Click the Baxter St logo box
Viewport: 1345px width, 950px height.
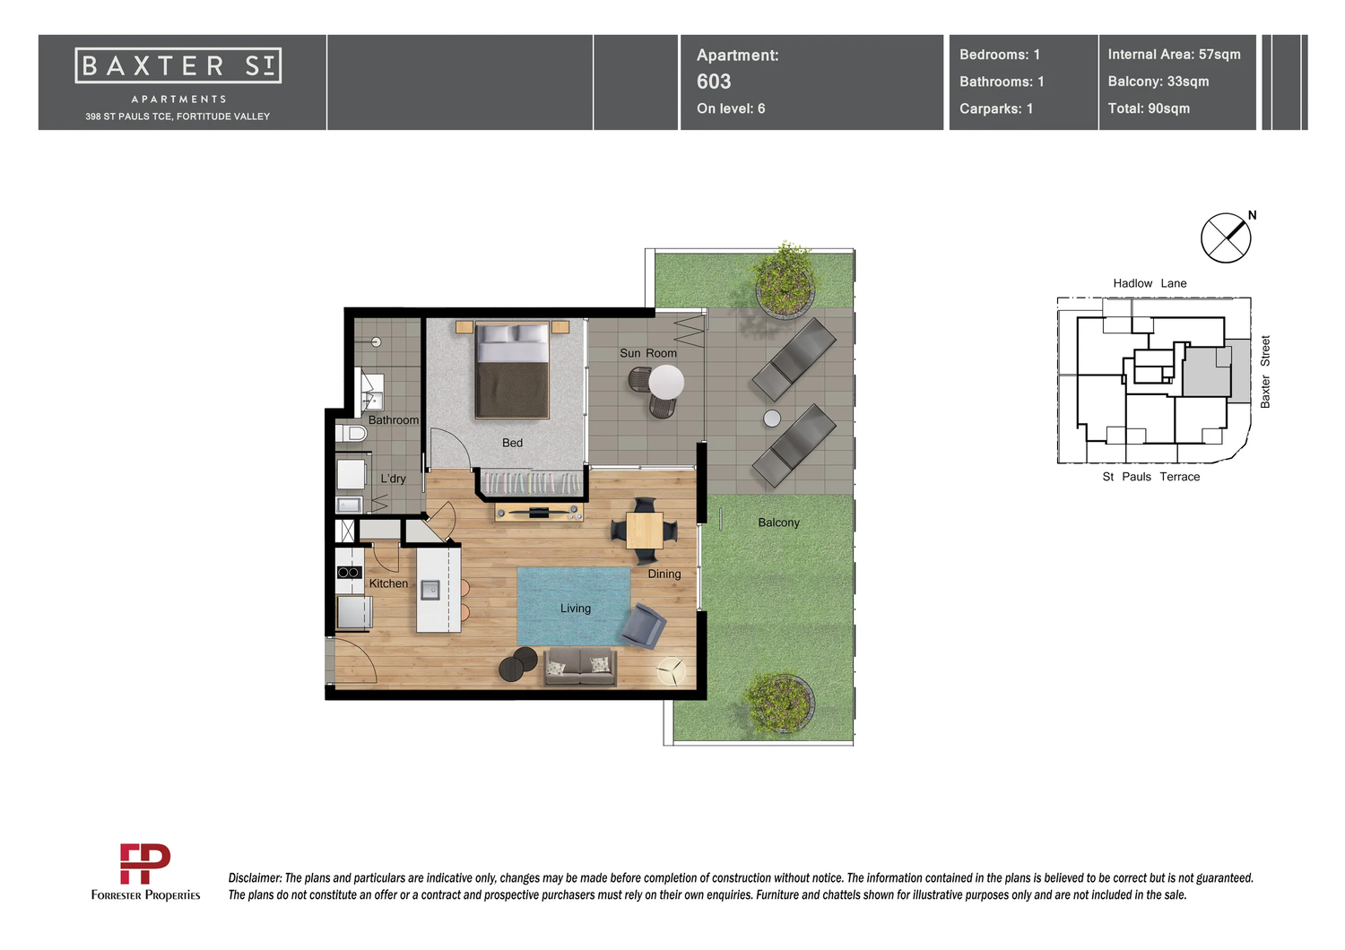click(x=178, y=65)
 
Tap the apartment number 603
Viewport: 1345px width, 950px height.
click(x=714, y=82)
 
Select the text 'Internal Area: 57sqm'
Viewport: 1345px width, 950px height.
click(x=1174, y=55)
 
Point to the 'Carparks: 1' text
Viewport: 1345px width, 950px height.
click(x=996, y=108)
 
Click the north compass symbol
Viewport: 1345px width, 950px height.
click(x=1227, y=237)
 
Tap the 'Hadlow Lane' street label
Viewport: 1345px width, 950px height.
click(x=1150, y=283)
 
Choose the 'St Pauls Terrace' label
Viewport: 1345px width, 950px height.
click(x=1151, y=477)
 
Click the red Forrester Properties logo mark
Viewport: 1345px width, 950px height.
click(x=144, y=864)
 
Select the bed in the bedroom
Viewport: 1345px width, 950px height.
click(x=512, y=369)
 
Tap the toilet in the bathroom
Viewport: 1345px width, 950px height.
click(x=351, y=433)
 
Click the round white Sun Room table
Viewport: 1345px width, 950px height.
click(x=666, y=382)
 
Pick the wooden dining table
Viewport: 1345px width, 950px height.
click(x=645, y=531)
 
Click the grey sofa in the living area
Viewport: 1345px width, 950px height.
click(x=580, y=666)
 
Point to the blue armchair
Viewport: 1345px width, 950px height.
click(x=644, y=626)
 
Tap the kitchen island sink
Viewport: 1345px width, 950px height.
click(x=430, y=590)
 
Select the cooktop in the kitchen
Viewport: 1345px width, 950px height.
click(x=349, y=573)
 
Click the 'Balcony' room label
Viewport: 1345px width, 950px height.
click(x=779, y=522)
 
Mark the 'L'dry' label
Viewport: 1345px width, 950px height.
click(x=394, y=479)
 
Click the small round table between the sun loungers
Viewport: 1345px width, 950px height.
click(x=772, y=419)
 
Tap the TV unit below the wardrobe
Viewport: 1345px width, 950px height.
click(x=539, y=513)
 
